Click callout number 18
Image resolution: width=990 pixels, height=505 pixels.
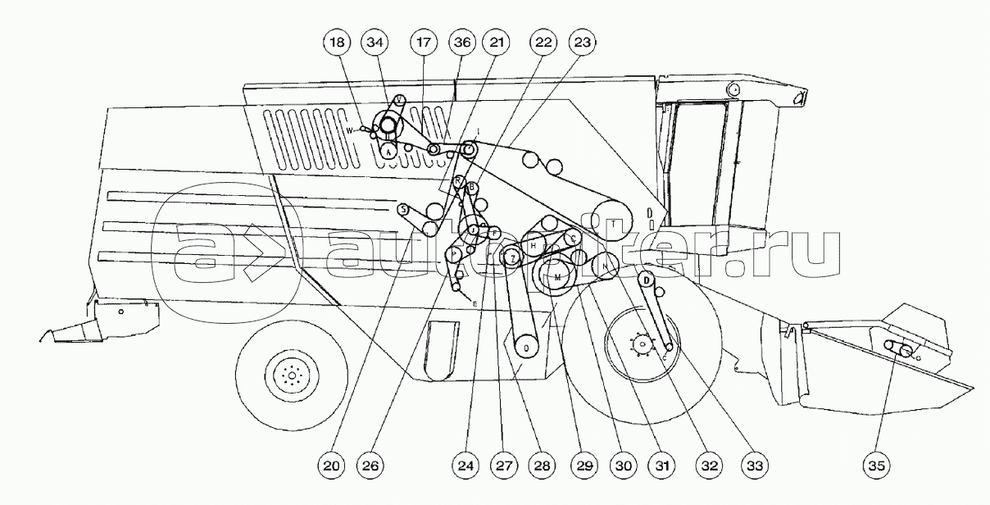337,41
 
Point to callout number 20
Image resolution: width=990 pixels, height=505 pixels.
331,465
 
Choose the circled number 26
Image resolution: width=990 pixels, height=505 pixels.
370,465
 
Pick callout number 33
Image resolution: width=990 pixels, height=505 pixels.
753,465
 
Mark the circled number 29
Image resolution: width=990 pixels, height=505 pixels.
583,465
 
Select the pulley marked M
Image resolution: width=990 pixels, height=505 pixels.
558,278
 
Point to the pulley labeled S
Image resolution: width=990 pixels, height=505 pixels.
403,210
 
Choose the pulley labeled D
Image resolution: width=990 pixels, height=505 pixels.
647,281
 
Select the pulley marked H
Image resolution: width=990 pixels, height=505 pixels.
534,245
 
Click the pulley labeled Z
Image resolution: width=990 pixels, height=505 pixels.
512,258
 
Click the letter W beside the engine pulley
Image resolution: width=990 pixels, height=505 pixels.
348,130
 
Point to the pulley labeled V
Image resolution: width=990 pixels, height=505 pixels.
399,99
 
